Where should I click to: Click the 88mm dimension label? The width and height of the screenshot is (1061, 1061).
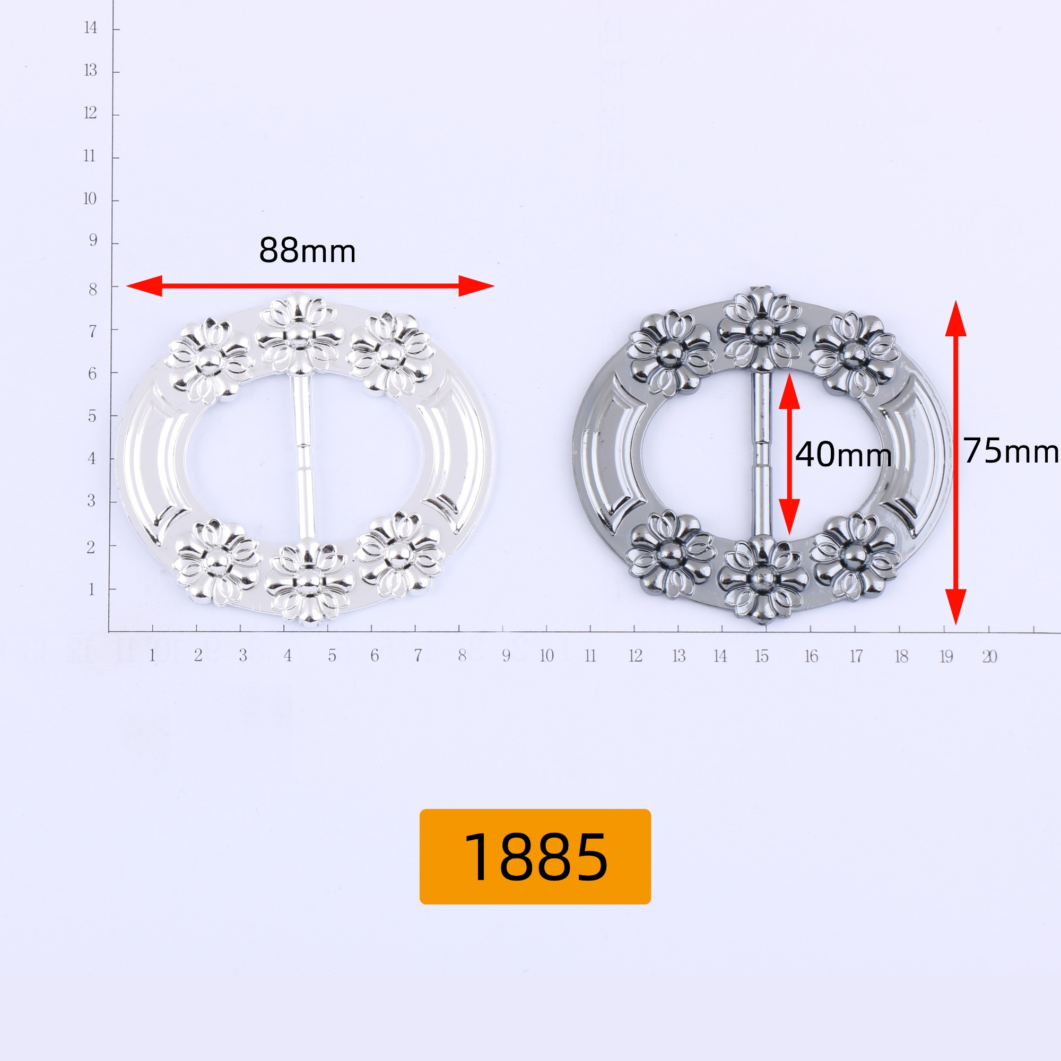[x=307, y=250]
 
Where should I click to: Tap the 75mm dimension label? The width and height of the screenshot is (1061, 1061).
[x=1011, y=451]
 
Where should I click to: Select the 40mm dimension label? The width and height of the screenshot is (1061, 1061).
[x=843, y=455]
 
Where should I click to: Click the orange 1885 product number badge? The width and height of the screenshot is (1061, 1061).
[x=535, y=856]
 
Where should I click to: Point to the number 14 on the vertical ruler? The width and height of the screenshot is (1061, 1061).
[x=91, y=28]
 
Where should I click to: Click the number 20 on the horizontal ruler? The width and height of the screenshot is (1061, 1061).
[x=989, y=656]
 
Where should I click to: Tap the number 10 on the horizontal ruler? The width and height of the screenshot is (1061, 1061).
[x=546, y=656]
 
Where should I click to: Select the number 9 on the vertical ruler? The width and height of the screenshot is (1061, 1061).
[x=93, y=240]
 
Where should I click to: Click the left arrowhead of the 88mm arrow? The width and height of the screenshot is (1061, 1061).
[x=144, y=285]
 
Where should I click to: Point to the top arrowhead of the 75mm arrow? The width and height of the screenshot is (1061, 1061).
[x=955, y=318]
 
